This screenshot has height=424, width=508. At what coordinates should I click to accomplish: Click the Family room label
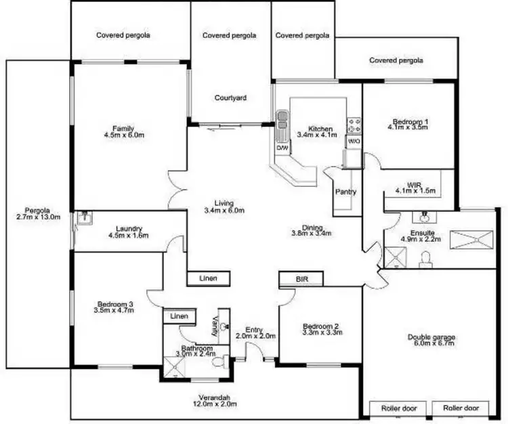(123, 129)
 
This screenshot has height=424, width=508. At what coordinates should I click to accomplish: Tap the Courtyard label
(230, 98)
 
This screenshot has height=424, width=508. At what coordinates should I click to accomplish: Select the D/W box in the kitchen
(282, 147)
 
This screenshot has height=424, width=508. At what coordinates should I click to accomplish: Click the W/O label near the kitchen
(353, 142)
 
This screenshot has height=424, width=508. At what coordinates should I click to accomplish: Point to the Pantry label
(345, 192)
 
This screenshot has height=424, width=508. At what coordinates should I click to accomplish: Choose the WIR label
(415, 184)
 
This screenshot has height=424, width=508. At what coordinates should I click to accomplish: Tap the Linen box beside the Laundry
(209, 278)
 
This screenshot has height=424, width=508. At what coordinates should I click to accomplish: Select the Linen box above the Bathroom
(178, 316)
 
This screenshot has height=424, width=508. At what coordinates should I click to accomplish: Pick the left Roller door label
(397, 408)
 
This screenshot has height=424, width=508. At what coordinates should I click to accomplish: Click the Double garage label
(431, 337)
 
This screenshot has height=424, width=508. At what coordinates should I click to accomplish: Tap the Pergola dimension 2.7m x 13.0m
(38, 217)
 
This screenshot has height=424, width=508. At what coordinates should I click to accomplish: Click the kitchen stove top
(354, 125)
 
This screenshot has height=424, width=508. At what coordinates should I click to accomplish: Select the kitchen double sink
(282, 119)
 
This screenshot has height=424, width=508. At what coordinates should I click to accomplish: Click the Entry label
(254, 330)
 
